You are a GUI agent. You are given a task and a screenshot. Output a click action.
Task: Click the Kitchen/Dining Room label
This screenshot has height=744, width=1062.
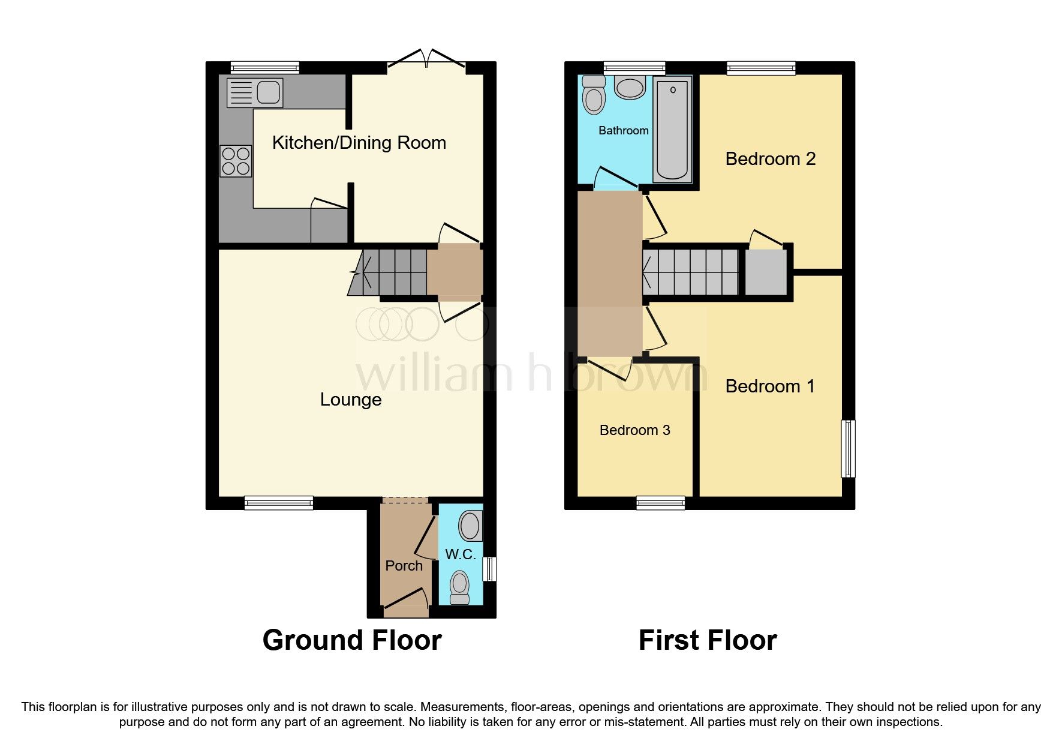click(x=359, y=143)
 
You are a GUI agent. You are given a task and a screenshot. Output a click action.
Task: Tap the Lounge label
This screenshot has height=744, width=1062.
click(x=351, y=400)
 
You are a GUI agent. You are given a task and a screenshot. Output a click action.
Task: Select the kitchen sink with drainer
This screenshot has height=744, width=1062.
click(x=255, y=93)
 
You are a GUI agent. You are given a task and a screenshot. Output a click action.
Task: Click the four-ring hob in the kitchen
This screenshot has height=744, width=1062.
click(x=236, y=161)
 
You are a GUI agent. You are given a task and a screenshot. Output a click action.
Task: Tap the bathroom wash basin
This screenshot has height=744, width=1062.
click(x=630, y=87)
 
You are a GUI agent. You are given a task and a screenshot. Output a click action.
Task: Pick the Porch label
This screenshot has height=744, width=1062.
click(x=404, y=566)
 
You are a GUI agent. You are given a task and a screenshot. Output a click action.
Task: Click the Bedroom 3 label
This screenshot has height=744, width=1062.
click(x=635, y=430)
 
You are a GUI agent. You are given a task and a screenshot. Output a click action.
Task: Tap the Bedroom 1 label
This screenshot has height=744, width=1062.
click(x=770, y=386)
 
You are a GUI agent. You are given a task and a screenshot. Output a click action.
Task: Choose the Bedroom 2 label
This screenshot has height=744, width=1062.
click(x=771, y=159)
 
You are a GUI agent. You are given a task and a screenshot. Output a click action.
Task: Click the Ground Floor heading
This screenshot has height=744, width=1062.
click(x=352, y=640)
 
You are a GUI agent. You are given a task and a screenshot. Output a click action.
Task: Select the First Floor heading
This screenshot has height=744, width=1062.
click(x=708, y=640)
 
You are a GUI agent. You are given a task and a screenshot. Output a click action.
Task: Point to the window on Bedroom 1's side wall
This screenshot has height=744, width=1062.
click(x=848, y=449)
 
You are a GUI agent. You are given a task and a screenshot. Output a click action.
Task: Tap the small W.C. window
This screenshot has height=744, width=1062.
click(x=490, y=569)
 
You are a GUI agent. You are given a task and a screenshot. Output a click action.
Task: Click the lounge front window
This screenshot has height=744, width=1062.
click(x=279, y=503)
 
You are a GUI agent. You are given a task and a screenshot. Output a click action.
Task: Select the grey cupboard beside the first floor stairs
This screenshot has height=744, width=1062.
click(x=766, y=272)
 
